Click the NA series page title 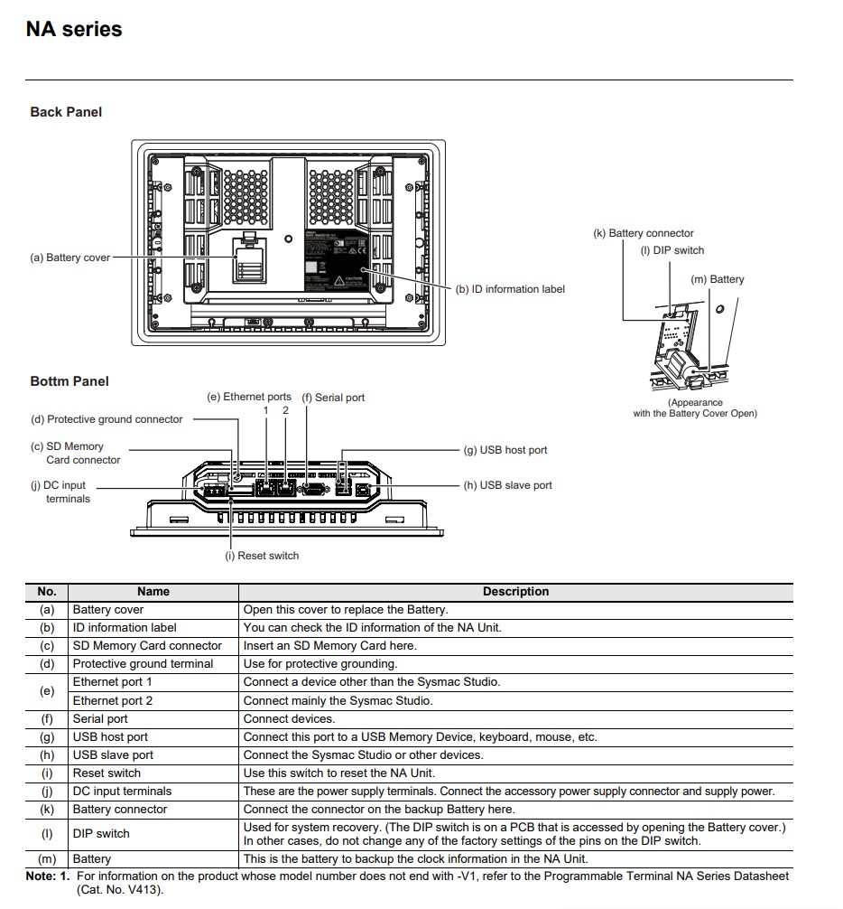pos(74,29)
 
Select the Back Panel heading pos(66,112)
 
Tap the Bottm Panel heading pos(69,381)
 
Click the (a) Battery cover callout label pos(70,258)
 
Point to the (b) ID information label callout pos(510,289)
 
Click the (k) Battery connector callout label pos(644,233)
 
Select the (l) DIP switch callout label pos(672,250)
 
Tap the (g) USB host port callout pos(505,450)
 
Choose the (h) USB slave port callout pos(508,485)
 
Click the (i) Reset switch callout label pos(263,556)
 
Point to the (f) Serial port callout pos(333,398)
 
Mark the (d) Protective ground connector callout pos(107,419)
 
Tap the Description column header pos(516,591)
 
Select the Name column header pos(153,591)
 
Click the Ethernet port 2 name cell pos(113,700)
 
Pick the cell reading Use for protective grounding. pos(320,664)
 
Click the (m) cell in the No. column pos(47,858)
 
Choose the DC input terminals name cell pos(122,792)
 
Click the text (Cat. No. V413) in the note pos(120,890)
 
